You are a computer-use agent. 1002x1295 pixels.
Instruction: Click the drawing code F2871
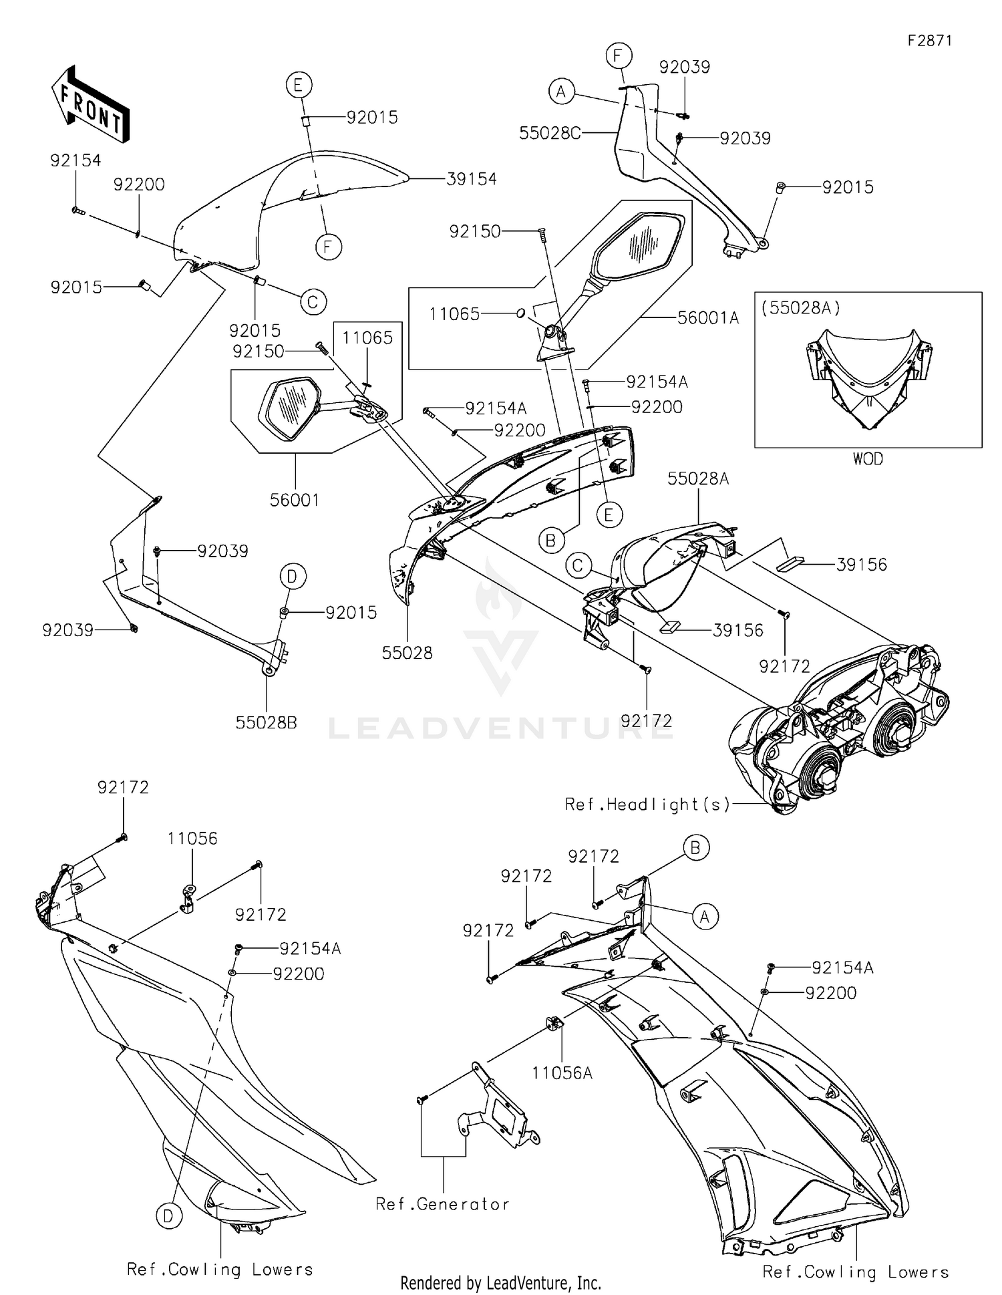[x=929, y=40]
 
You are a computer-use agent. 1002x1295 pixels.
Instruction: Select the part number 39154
[x=472, y=179]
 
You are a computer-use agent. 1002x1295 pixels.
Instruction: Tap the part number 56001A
[x=708, y=318]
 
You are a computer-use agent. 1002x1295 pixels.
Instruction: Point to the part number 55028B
[x=266, y=722]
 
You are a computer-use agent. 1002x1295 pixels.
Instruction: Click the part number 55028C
[x=550, y=133]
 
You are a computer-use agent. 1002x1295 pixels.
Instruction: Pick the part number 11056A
[x=562, y=1073]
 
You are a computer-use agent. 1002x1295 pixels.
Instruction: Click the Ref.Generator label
[x=443, y=1204]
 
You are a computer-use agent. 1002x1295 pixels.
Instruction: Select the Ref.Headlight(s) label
[x=647, y=805]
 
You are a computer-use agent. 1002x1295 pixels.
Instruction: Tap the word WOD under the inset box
[x=868, y=459]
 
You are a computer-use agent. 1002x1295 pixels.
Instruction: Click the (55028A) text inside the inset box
[x=800, y=308]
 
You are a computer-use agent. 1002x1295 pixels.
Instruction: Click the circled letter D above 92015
[x=292, y=576]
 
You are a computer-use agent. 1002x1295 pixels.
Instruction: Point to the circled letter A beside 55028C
[x=561, y=91]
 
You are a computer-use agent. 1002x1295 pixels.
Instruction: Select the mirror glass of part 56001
[x=289, y=408]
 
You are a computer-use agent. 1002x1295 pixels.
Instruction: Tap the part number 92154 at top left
[x=75, y=160]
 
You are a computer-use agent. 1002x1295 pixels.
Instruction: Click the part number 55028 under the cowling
[x=407, y=653]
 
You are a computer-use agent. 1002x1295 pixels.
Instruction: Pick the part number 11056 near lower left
[x=192, y=838]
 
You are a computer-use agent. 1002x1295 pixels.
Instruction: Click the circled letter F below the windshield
[x=328, y=247]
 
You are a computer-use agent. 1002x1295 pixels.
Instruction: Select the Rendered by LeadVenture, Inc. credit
[x=500, y=1282]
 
